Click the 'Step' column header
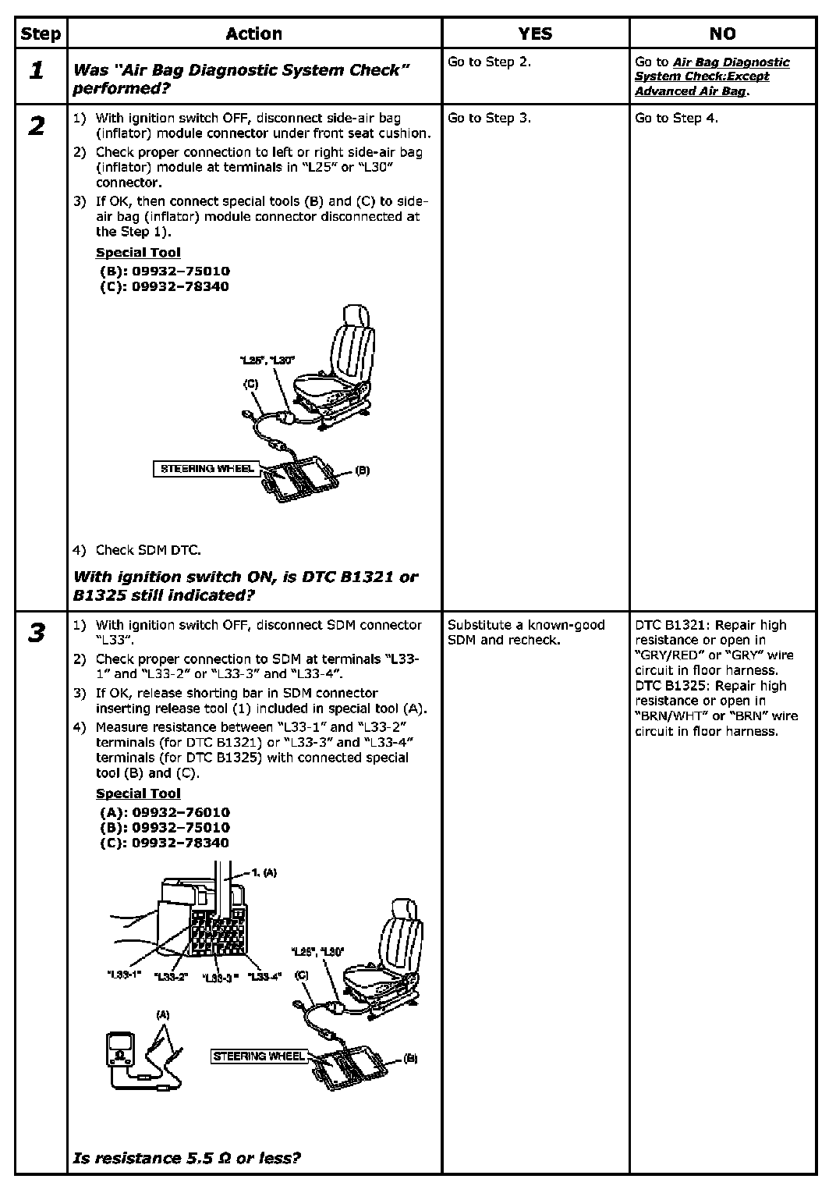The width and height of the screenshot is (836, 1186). point(41,34)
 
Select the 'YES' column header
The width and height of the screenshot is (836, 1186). point(535,34)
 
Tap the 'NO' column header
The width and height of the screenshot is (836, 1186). point(722,34)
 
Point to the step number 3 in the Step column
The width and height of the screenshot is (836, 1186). point(37,633)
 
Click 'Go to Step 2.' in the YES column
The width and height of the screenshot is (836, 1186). point(489,62)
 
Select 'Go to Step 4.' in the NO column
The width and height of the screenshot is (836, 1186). point(676,118)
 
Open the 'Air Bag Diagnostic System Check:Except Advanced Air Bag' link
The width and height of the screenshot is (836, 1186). point(711,76)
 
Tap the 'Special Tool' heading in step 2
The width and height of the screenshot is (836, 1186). point(138,252)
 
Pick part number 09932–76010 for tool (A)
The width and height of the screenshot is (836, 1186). point(180,812)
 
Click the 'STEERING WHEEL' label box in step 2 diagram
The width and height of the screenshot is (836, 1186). point(207,469)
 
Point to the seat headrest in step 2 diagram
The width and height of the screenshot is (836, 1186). point(354,319)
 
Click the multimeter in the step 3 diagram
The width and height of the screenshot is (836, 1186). point(122,1049)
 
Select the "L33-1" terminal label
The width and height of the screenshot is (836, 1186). point(123,975)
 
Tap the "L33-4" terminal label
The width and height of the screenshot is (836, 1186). point(264,976)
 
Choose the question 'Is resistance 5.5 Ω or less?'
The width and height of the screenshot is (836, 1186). point(186,1158)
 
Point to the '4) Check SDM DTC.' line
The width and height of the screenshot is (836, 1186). point(137,550)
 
